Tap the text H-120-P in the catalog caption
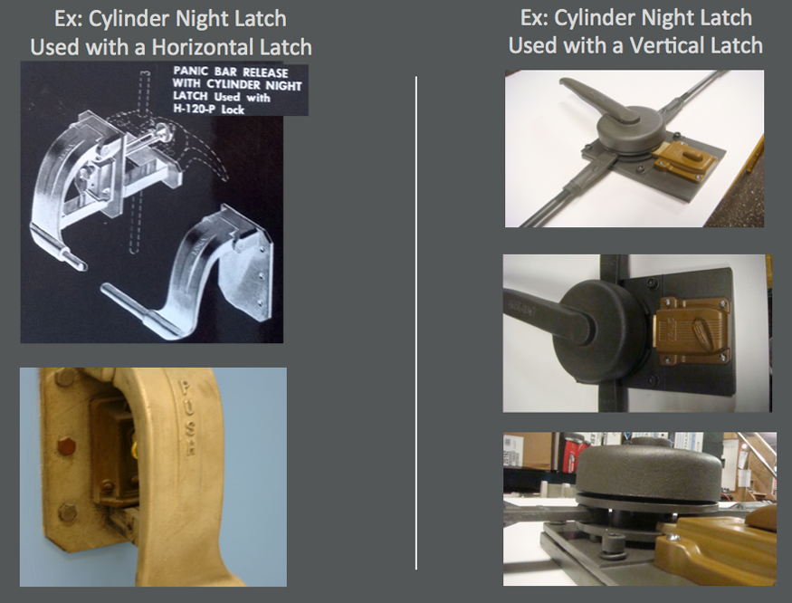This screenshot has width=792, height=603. point(193,109)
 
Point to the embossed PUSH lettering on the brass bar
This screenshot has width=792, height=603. point(186,417)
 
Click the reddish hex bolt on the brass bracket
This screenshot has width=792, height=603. point(64,445)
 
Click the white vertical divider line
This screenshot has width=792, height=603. point(415,322)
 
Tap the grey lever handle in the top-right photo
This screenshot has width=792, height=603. point(591,97)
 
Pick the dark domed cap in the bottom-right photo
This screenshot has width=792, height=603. point(646,468)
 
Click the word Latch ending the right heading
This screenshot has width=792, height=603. point(734,45)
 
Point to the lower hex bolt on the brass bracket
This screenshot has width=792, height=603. point(67,512)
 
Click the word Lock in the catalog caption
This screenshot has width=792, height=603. point(232,110)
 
